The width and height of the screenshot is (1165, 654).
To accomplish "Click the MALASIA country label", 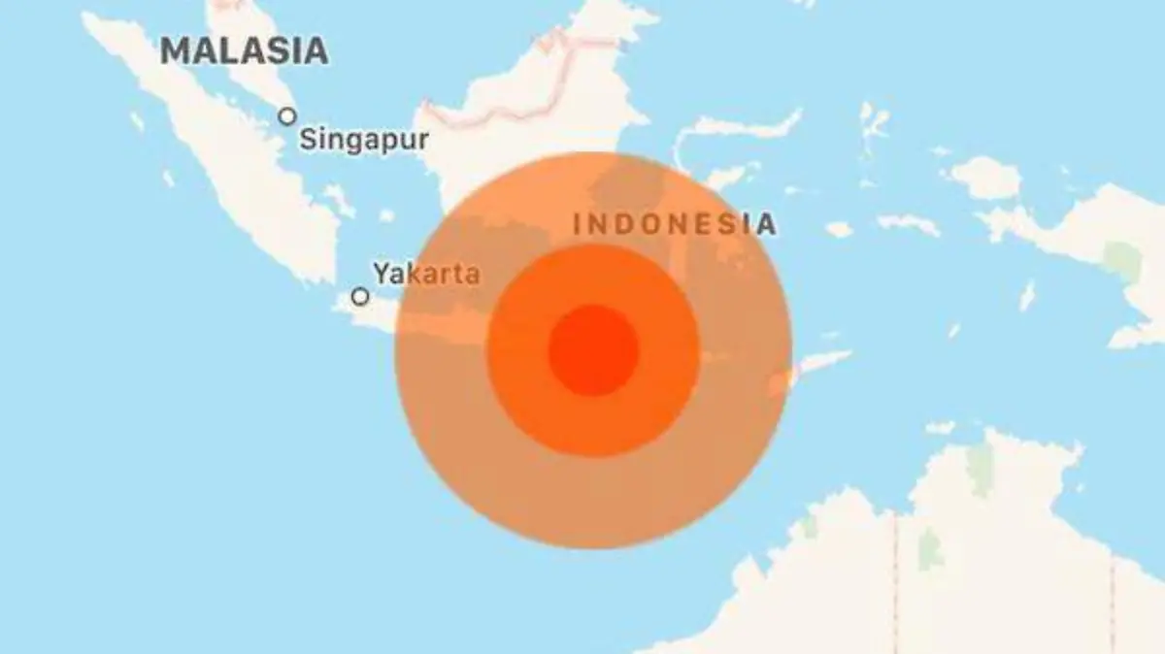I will click(x=244, y=50).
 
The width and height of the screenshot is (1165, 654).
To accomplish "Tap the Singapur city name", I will click(x=363, y=140).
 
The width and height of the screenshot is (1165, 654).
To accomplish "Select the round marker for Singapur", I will click(x=287, y=116).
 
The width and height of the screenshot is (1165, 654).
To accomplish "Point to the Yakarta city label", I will click(x=427, y=274).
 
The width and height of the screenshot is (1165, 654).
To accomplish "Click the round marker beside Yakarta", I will click(x=360, y=297).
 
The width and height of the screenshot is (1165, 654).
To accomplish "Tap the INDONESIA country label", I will click(x=675, y=224).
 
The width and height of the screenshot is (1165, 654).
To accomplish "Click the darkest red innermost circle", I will click(x=593, y=350).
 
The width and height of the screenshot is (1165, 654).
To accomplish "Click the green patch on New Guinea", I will click(x=1123, y=260).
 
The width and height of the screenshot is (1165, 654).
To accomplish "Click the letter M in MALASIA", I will click(x=176, y=50).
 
